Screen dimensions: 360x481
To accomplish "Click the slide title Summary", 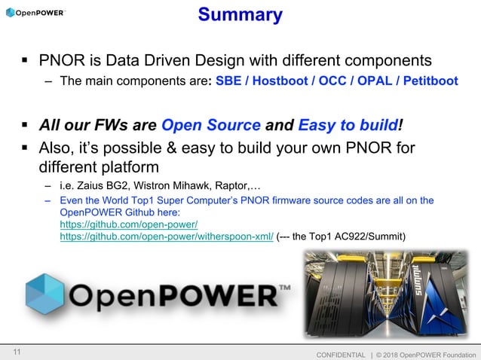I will click(x=240, y=14).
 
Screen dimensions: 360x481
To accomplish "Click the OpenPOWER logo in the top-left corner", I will click(x=35, y=13).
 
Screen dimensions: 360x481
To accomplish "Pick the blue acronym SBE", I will click(x=228, y=81).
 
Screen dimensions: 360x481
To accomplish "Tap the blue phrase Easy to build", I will click(x=348, y=125).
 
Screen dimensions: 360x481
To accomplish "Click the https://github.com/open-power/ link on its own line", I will click(x=128, y=224).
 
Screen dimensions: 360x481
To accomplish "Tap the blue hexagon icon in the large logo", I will click(x=44, y=293).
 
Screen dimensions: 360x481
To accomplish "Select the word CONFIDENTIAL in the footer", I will click(x=341, y=354).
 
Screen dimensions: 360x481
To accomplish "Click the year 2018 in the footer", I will click(x=399, y=354).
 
